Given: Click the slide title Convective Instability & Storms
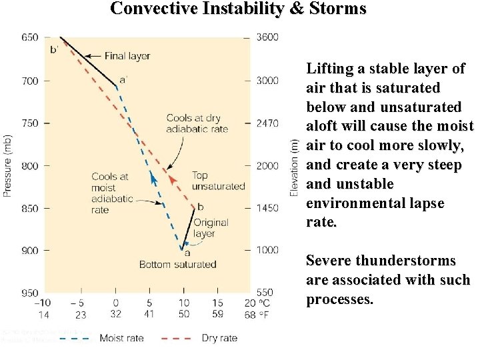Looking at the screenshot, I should click(238, 9).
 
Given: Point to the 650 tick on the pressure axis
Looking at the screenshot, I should click(30, 37).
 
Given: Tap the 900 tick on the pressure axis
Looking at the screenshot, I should click(30, 251).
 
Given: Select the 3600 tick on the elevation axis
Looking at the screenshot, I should click(267, 37).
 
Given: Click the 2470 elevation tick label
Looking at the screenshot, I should click(267, 123).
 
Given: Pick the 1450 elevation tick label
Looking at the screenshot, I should click(267, 209).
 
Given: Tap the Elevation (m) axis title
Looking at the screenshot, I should click(294, 167).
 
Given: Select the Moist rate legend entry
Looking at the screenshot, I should click(121, 338).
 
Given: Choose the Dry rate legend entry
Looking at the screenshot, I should click(219, 338).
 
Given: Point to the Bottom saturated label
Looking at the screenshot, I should click(177, 264).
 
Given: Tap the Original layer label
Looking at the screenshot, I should click(210, 228).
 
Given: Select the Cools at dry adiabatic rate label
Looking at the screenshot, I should click(197, 123).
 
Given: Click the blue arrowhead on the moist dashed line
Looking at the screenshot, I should click(153, 177).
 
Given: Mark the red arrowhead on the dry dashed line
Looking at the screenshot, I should click(172, 179).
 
